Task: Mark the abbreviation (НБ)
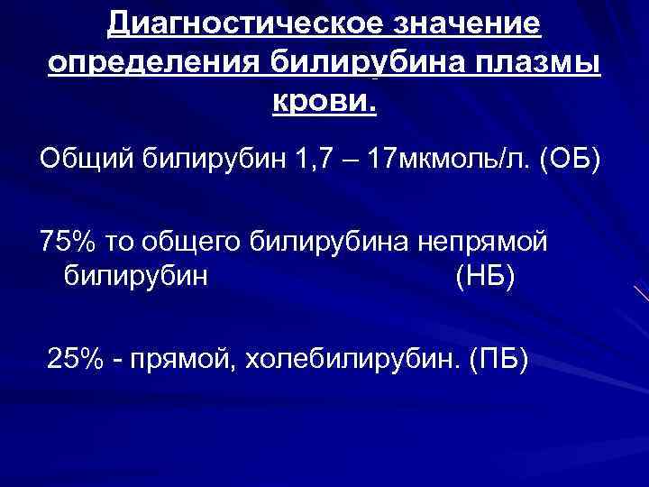[485, 275]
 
